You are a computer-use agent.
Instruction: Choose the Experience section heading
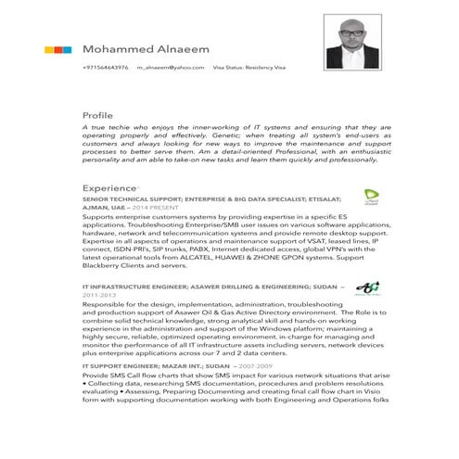click(108, 187)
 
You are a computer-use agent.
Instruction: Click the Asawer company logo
click(367, 287)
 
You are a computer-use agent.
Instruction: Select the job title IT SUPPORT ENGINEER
click(119, 366)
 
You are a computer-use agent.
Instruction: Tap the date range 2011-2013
click(101, 296)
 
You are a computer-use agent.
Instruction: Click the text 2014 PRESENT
click(170, 209)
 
